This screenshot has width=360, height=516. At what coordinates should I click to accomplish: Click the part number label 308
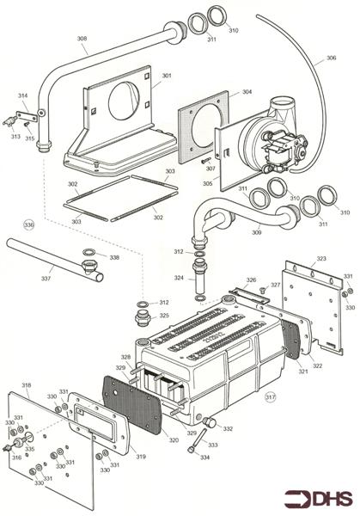(82, 39)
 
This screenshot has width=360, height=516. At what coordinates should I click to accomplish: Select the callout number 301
(166, 76)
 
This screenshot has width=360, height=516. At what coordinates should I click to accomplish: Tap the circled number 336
(29, 224)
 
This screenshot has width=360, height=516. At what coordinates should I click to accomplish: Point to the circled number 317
(270, 396)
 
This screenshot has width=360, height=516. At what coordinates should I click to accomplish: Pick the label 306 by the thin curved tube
(330, 59)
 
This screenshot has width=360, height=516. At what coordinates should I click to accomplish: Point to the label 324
(179, 278)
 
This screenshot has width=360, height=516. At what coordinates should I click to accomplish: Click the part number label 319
(141, 456)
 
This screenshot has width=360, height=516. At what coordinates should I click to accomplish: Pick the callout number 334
(204, 458)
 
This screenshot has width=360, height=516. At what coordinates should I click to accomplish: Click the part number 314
(22, 95)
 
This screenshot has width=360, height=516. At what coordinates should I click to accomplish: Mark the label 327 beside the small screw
(275, 285)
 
